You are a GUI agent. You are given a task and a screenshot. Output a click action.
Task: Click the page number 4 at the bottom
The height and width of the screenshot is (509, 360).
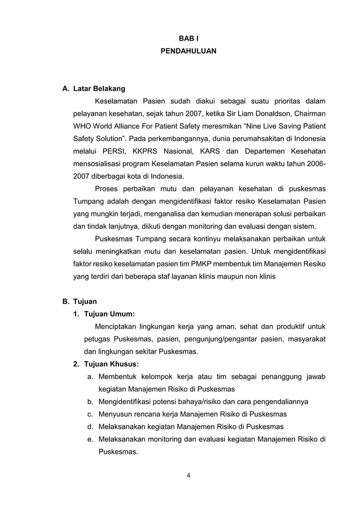(x=188, y=475)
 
